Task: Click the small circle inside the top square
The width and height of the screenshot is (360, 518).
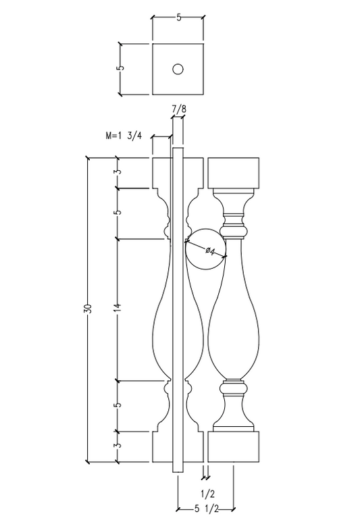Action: pos(178,69)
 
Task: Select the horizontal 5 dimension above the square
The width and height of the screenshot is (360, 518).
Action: pos(178,18)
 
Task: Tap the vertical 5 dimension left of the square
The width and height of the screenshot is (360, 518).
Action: pos(120,69)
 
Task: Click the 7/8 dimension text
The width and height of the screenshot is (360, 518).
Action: pos(180,109)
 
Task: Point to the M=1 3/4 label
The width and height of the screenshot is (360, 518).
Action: pos(124,136)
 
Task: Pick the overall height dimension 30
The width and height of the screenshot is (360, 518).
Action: pos(87,309)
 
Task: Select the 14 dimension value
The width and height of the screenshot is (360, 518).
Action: pos(118,309)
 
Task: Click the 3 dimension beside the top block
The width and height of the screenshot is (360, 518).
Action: pos(118,173)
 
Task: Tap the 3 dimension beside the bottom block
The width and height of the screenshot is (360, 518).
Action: pos(118,446)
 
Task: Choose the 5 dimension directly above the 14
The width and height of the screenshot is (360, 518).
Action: pos(118,213)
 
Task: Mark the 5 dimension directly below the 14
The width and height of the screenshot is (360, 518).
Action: pos(118,405)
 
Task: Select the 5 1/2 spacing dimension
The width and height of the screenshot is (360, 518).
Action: pos(205,509)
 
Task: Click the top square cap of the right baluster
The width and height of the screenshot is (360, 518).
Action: pos(233,173)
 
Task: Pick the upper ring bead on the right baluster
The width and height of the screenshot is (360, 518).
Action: pos(233,221)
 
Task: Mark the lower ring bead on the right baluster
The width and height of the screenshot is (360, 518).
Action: pos(233,388)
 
